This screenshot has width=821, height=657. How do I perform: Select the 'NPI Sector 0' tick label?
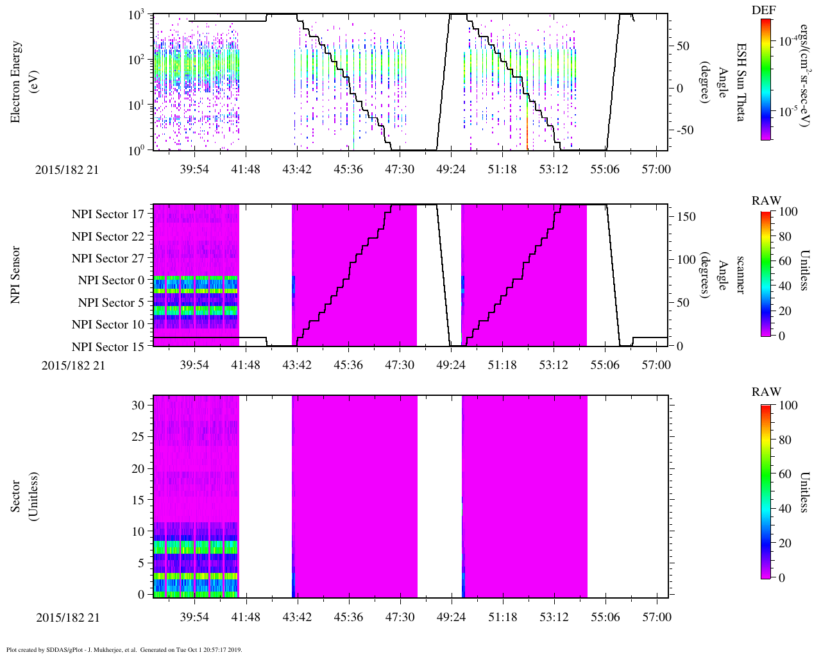coord(111,280)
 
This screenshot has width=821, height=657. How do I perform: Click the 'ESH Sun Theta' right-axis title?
coord(740,82)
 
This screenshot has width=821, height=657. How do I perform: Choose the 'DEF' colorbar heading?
coord(763,10)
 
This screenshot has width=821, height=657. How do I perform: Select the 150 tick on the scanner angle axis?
coord(687,217)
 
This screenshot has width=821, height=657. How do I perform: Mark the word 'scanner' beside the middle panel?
coord(740,275)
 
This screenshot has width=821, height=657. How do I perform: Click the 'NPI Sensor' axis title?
coord(15,275)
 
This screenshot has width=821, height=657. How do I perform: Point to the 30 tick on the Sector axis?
coord(140,405)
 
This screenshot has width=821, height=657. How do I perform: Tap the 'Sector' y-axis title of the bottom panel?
coord(15,497)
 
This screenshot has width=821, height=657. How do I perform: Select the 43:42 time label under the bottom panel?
coord(297,617)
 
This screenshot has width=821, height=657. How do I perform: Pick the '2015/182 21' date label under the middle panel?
coord(73,366)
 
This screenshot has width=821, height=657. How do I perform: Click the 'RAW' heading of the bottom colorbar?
coord(766,392)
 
